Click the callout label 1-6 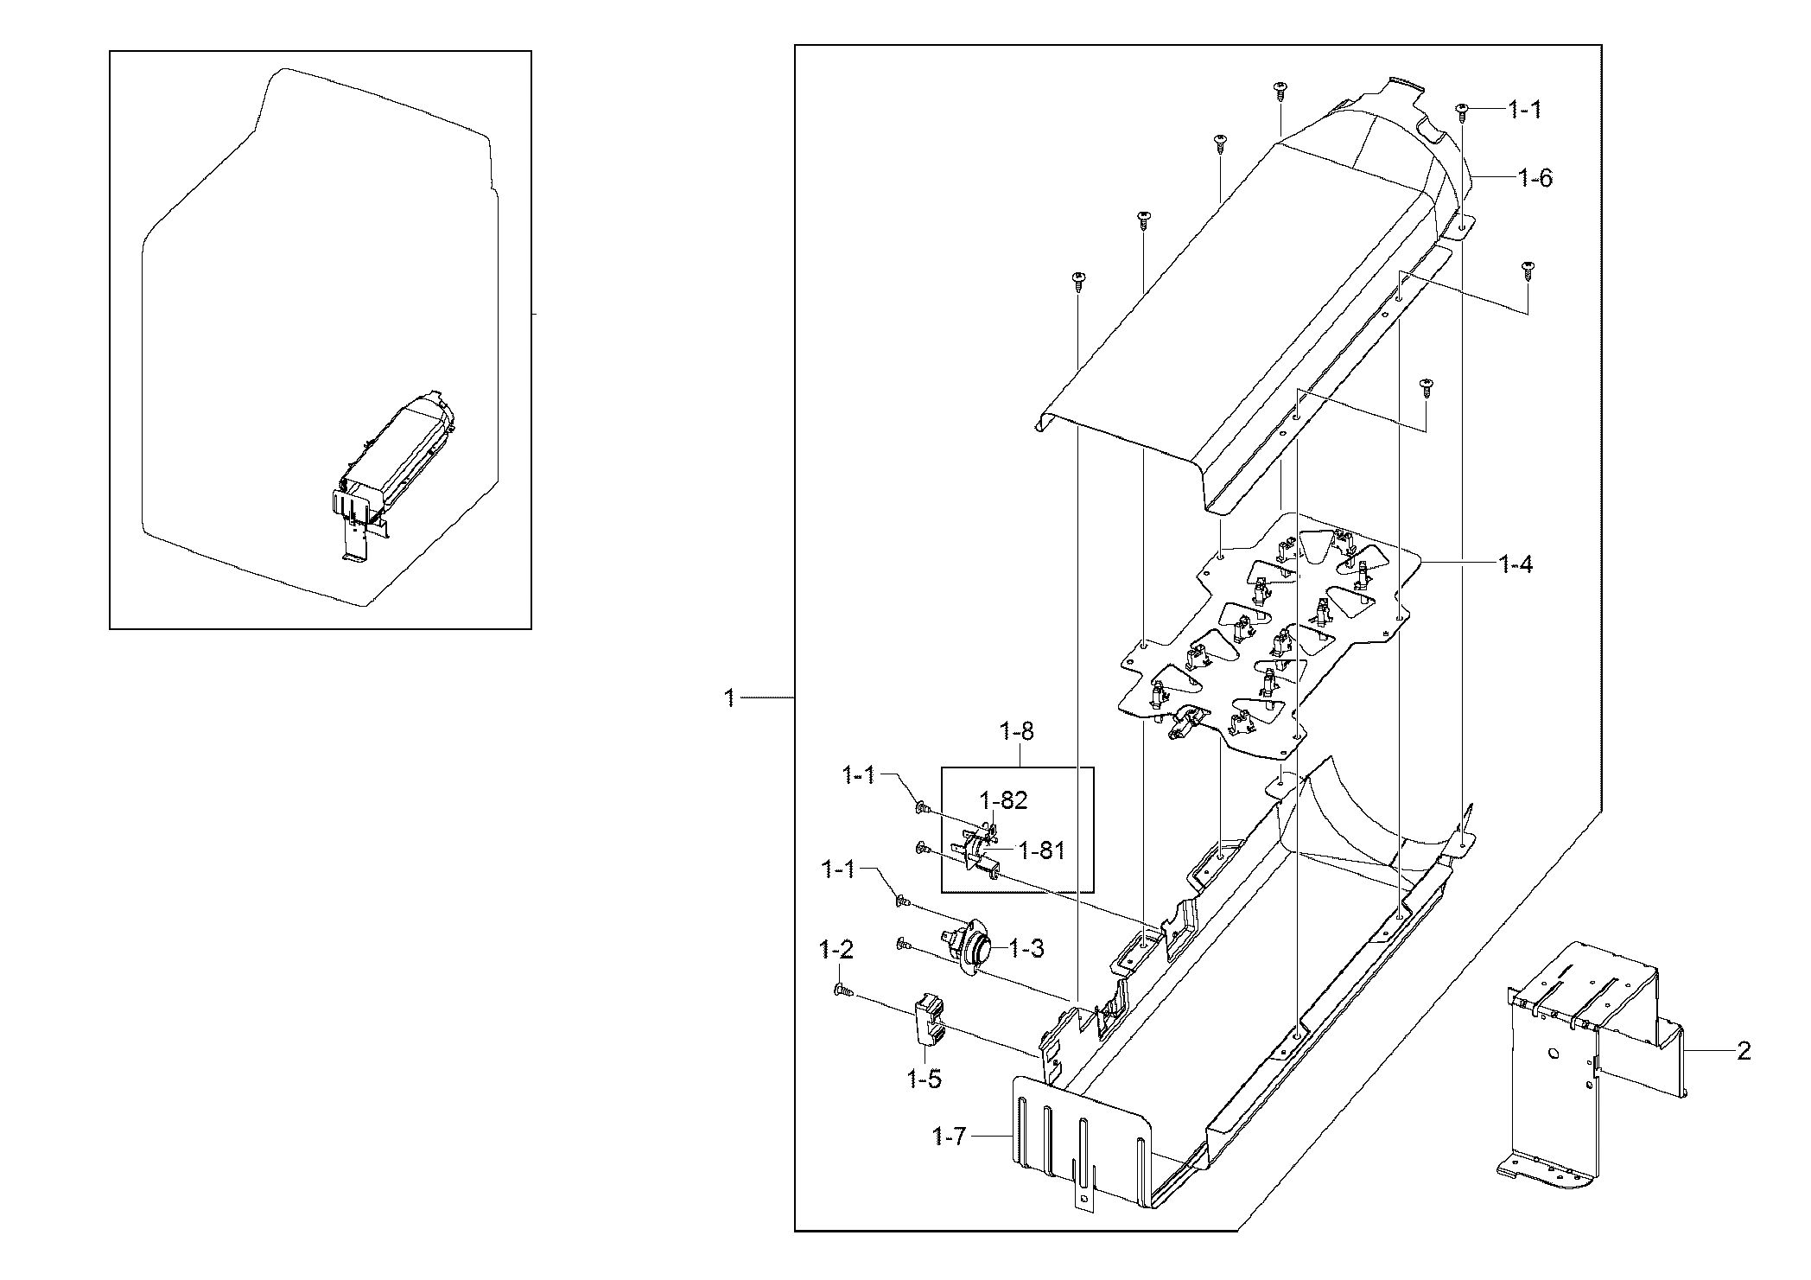point(1535,179)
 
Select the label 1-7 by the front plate point(949,1137)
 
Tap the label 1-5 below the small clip point(924,1079)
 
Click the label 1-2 point(836,951)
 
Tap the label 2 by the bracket point(1744,1051)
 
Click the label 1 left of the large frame point(730,697)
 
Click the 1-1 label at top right point(1524,110)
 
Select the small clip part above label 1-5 point(926,1020)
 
